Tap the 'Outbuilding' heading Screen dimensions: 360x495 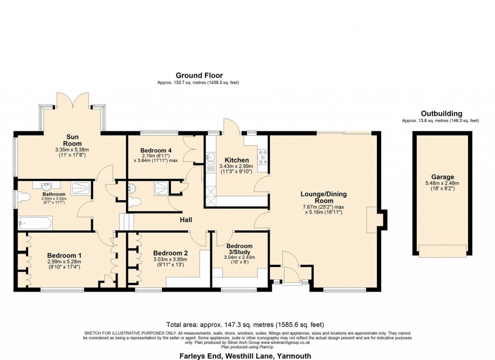[441, 113]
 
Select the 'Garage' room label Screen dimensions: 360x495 [442, 177]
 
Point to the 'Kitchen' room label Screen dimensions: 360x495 [237, 160]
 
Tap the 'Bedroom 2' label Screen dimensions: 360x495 [170, 253]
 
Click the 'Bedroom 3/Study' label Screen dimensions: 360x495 [239, 249]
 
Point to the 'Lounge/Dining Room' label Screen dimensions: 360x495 [323, 197]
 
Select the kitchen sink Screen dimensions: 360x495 [210, 157]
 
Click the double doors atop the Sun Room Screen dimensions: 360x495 [73, 100]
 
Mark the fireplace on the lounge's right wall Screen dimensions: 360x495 [375, 218]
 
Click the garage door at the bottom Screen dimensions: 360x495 [442, 251]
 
